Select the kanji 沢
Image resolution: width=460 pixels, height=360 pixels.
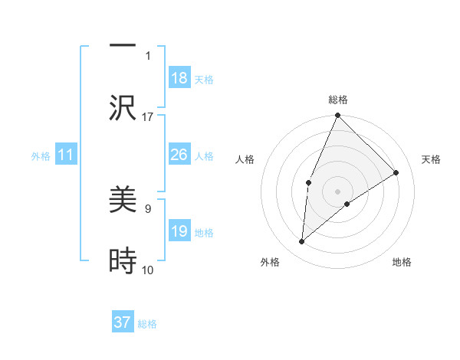(x=123, y=107)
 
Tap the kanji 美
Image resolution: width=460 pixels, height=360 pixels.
(x=123, y=200)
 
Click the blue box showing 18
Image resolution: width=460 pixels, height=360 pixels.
(x=179, y=78)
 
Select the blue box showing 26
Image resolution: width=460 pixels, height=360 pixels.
(x=179, y=155)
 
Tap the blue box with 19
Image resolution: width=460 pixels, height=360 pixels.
(x=179, y=231)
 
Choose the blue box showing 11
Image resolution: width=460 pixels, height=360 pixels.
(x=66, y=155)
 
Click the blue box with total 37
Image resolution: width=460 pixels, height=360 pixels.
(x=123, y=322)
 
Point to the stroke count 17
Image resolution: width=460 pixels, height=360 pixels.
(x=148, y=116)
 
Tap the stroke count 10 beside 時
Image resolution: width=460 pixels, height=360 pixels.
(x=148, y=270)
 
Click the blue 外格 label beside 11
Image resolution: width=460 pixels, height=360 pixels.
(x=41, y=156)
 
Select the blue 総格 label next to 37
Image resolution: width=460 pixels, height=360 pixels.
(x=147, y=324)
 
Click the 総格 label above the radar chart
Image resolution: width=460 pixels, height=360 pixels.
(x=337, y=100)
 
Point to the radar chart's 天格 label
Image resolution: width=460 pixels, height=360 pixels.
(x=431, y=159)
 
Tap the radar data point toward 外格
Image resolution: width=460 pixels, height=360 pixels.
(x=302, y=242)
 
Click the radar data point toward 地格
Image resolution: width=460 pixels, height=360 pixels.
(x=347, y=204)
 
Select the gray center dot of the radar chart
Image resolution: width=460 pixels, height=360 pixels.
(x=337, y=191)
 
